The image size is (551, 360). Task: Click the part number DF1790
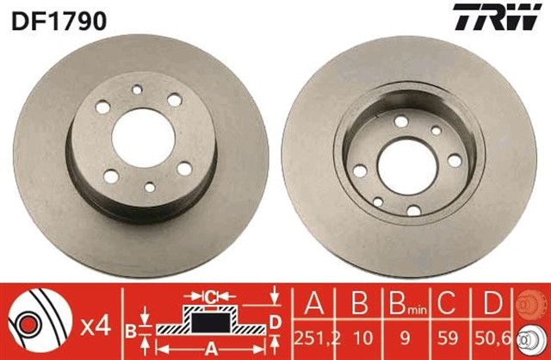pyautogui.click(x=59, y=20)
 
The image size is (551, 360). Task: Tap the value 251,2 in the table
pyautogui.click(x=312, y=337)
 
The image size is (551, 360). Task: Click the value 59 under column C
pyautogui.click(x=447, y=337)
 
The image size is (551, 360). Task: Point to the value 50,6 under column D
pyautogui.click(x=489, y=337)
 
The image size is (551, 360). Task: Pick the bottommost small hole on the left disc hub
pyautogui.click(x=152, y=187)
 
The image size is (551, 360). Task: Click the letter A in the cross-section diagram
pyautogui.click(x=210, y=351)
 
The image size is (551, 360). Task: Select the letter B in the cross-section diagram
pyautogui.click(x=131, y=329)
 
